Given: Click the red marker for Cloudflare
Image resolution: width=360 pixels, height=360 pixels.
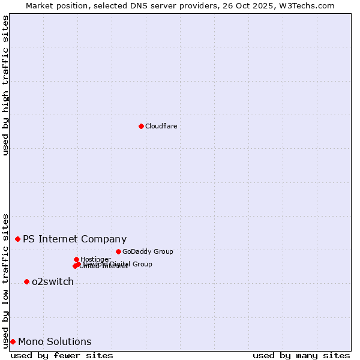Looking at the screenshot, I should click(x=141, y=126).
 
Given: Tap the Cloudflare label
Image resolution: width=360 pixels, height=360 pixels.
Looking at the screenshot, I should click(x=161, y=126).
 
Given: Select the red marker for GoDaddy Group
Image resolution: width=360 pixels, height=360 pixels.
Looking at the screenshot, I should click(x=118, y=251).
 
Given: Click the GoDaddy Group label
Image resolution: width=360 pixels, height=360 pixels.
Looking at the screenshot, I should click(x=148, y=252).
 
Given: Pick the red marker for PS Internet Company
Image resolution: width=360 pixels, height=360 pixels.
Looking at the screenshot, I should click(x=17, y=239).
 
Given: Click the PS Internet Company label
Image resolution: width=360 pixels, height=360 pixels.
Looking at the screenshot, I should click(x=74, y=239).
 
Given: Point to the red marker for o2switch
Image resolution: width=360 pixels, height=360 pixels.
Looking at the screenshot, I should click(x=26, y=281).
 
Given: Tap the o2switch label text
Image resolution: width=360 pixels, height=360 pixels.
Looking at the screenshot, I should click(x=53, y=282).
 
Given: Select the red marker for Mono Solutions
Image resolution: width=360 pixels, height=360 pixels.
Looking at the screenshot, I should click(x=13, y=341).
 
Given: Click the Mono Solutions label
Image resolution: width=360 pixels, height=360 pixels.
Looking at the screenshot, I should click(x=55, y=342).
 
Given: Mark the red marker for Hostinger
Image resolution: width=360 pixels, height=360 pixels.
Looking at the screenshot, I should click(x=76, y=259).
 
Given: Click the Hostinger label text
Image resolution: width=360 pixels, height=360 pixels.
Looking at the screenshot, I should click(x=95, y=259).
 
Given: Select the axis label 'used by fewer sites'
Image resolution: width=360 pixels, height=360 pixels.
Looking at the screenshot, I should click(x=62, y=355).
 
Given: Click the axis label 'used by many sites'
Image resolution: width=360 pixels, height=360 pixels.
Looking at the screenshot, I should click(x=301, y=355).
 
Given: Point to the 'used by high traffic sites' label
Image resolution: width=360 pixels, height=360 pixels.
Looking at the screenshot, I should click(x=5, y=85).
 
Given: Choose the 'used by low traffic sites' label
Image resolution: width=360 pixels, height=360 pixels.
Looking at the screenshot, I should click(x=5, y=280).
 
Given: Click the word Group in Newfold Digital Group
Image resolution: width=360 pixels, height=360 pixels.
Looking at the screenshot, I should click(x=142, y=264).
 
